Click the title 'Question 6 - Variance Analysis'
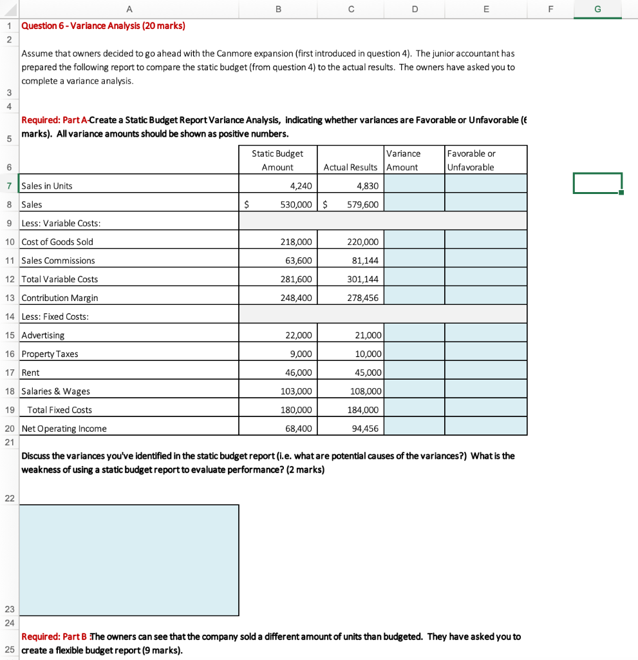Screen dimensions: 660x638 pyautogui.click(x=103, y=26)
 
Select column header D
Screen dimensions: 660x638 pyautogui.click(x=414, y=8)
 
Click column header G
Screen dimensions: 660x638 pyautogui.click(x=598, y=8)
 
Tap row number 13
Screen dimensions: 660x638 pyautogui.click(x=10, y=298)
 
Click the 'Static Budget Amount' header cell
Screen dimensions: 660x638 pyautogui.click(x=277, y=160)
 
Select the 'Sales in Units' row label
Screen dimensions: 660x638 pyautogui.click(x=47, y=186)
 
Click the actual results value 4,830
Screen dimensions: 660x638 pyautogui.click(x=367, y=186)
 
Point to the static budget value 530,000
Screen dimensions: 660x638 pyautogui.click(x=296, y=205)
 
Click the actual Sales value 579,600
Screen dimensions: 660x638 pyautogui.click(x=362, y=205)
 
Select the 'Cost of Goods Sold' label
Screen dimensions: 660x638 pyautogui.click(x=57, y=242)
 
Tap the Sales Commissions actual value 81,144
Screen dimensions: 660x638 pyautogui.click(x=367, y=261)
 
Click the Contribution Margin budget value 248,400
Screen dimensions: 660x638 pyautogui.click(x=296, y=298)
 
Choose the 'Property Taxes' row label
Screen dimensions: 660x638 pyautogui.click(x=50, y=354)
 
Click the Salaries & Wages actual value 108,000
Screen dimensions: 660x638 pyautogui.click(x=368, y=392)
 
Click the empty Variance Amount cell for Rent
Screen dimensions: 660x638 pyautogui.click(x=414, y=373)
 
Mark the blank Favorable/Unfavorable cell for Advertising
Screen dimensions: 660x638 pyautogui.click(x=485, y=336)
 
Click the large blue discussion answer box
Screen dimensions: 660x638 pyautogui.click(x=129, y=559)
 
